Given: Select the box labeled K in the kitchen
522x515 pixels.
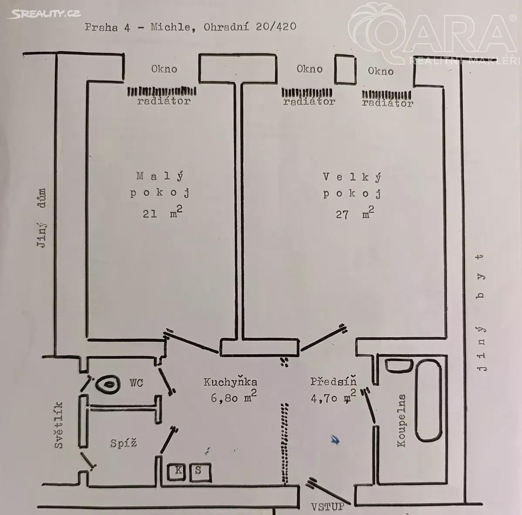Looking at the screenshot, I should pos(177,471).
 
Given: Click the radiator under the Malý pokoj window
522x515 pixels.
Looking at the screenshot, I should pos(162,92).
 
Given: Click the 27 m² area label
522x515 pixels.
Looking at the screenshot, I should pos(354,213).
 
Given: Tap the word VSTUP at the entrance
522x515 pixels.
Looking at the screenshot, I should pos(327,506).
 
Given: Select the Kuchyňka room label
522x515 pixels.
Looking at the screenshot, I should pos(230,382).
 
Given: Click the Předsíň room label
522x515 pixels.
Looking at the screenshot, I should pos(333,382).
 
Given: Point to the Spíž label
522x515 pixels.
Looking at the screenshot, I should pos(124,443).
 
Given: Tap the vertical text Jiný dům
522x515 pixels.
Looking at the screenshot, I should pos(42,218).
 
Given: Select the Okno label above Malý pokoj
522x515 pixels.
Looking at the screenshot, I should pos(164,69).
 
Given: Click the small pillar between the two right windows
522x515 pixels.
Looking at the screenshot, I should pos(345,69).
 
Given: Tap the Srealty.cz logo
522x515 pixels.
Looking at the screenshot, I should pos(44,14).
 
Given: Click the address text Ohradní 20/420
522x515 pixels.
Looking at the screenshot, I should pos(249,27).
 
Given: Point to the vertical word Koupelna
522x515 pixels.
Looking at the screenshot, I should pos(401,421).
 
